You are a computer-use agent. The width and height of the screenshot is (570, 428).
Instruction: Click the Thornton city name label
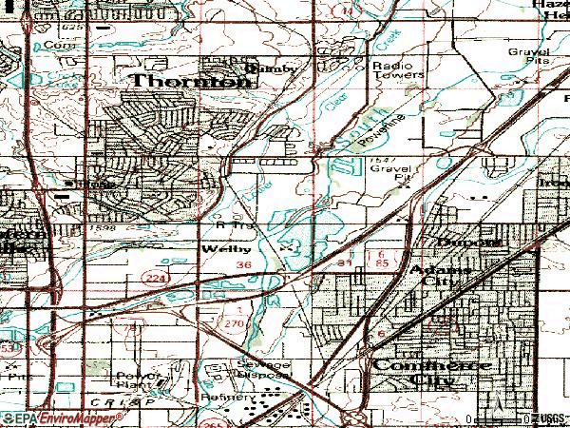[x=191, y=82]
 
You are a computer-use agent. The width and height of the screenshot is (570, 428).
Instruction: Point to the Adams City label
[x=438, y=276]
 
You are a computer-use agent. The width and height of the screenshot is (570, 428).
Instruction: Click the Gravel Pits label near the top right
[x=528, y=54]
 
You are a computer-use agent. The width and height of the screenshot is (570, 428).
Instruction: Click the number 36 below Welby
[x=244, y=264]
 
